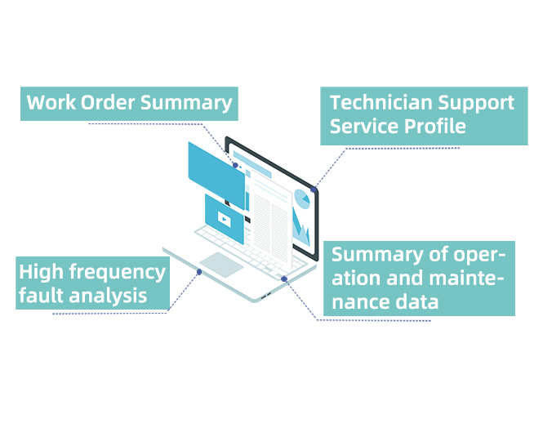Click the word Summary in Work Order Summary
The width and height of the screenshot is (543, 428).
(187, 103)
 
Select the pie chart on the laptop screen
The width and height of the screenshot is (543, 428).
(302, 198)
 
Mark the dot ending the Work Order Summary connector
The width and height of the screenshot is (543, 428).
(236, 165)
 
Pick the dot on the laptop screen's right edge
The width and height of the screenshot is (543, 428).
(314, 189)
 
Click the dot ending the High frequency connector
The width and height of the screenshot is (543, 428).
(199, 272)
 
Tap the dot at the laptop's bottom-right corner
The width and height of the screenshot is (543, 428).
(283, 279)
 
